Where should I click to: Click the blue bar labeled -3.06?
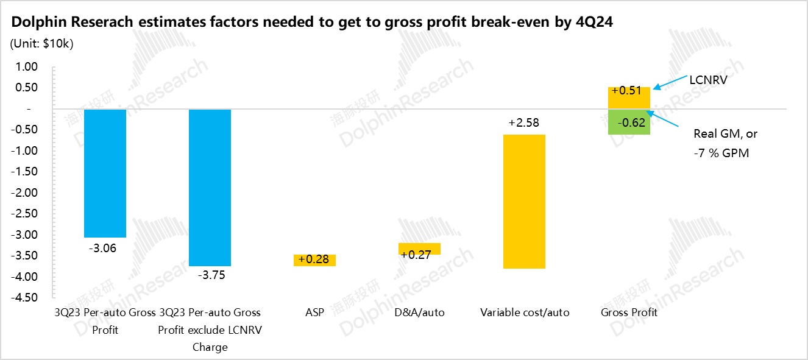click(105, 173)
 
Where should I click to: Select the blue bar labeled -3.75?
click(210, 188)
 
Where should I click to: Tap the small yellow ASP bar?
click(314, 260)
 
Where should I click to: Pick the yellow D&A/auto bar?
click(419, 249)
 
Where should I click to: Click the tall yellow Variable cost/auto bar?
click(524, 201)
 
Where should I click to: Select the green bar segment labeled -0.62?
click(629, 122)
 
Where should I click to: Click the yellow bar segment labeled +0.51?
click(629, 98)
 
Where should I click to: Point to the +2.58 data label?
click(524, 123)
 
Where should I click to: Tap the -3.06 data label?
click(104, 248)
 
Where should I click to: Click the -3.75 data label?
click(210, 275)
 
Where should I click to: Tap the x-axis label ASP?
click(314, 313)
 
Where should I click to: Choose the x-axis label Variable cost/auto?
click(525, 313)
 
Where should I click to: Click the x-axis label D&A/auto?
click(419, 313)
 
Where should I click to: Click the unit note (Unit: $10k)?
click(41, 44)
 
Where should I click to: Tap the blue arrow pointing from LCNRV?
click(668, 85)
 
